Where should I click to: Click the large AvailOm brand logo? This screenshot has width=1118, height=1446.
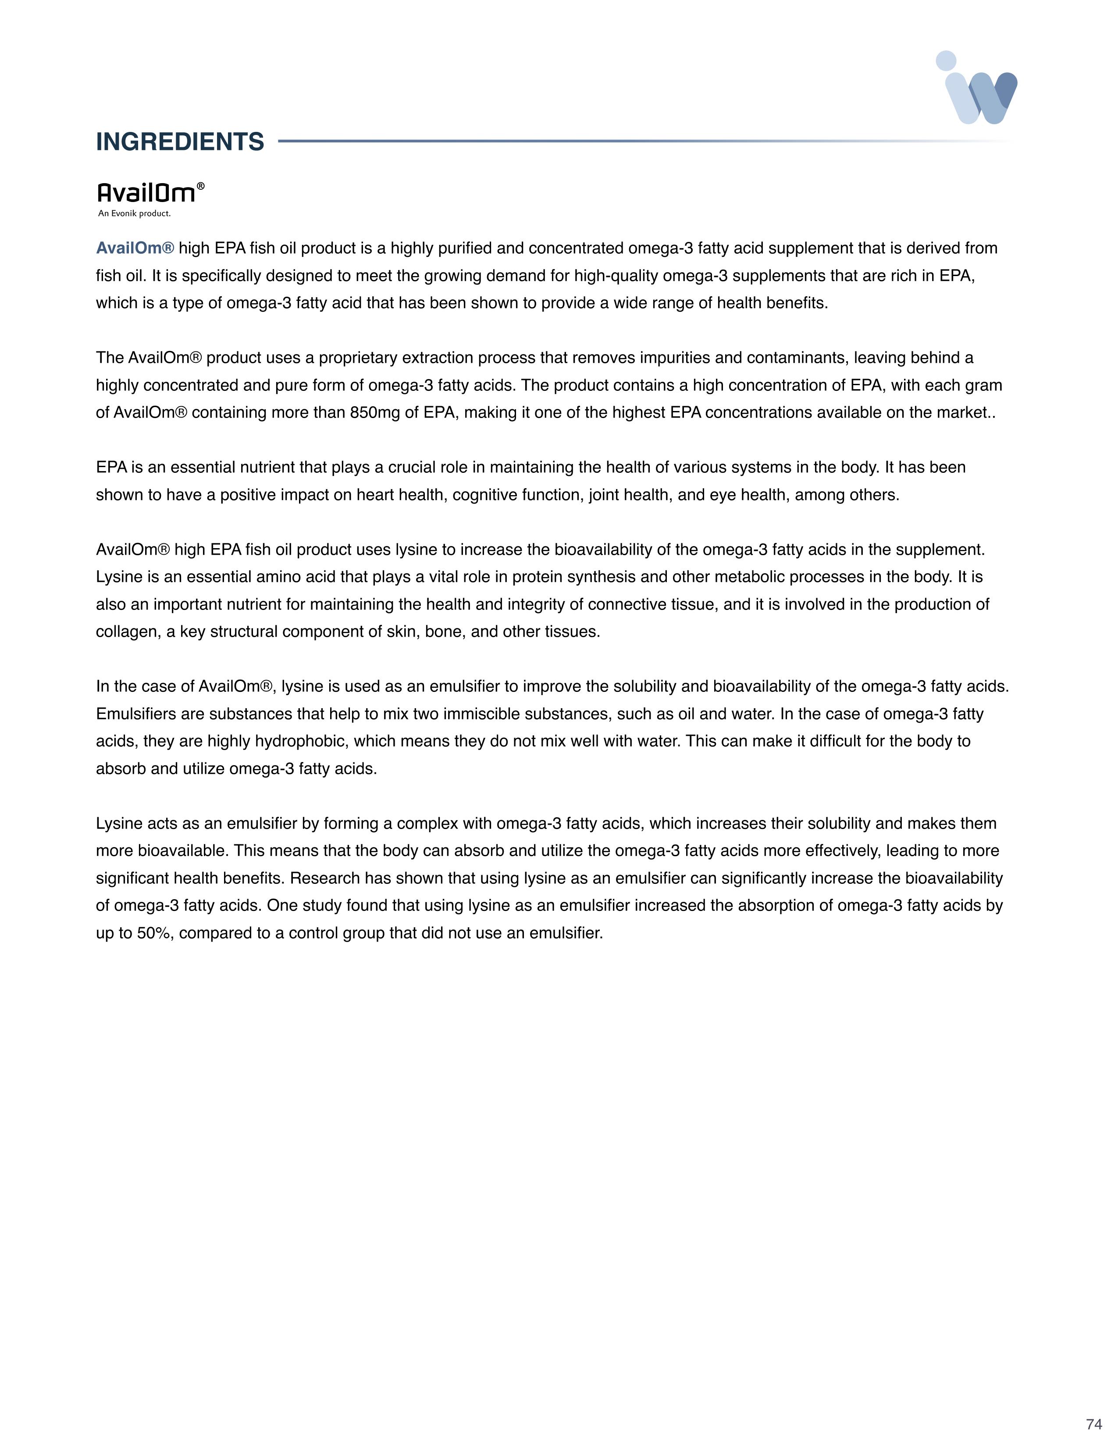point(147,193)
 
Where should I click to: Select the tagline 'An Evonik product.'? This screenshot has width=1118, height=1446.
point(135,214)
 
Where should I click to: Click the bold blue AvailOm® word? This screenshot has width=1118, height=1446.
point(135,248)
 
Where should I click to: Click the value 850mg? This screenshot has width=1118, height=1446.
point(374,412)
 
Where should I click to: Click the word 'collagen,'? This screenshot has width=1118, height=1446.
point(128,631)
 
